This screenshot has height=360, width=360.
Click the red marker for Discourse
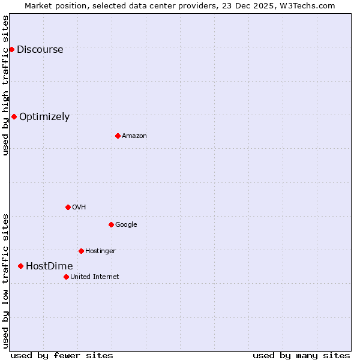tap(11, 49)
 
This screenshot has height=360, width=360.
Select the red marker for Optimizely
tap(14, 116)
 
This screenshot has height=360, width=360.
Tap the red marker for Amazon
tap(118, 136)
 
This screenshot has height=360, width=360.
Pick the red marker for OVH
tap(68, 207)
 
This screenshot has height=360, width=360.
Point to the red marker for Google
tap(111, 224)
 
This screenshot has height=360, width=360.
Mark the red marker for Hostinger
tap(81, 251)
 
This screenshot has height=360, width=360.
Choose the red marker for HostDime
tap(20, 266)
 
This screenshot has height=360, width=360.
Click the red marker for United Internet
tap(66, 277)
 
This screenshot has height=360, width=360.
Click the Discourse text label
tap(40, 50)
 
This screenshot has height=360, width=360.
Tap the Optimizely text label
tap(44, 117)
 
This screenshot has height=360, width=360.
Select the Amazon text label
tap(134, 136)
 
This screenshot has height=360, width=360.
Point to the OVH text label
tap(79, 208)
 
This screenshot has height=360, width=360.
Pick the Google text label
tap(126, 225)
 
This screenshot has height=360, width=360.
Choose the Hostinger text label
tap(100, 251)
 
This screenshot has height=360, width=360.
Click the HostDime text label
tap(49, 266)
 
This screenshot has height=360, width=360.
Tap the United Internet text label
tap(95, 277)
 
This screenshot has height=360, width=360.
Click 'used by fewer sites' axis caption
tap(62, 355)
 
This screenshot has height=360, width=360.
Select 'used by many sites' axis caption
tap(301, 355)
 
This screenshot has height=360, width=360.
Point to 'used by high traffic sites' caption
tap(5, 85)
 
